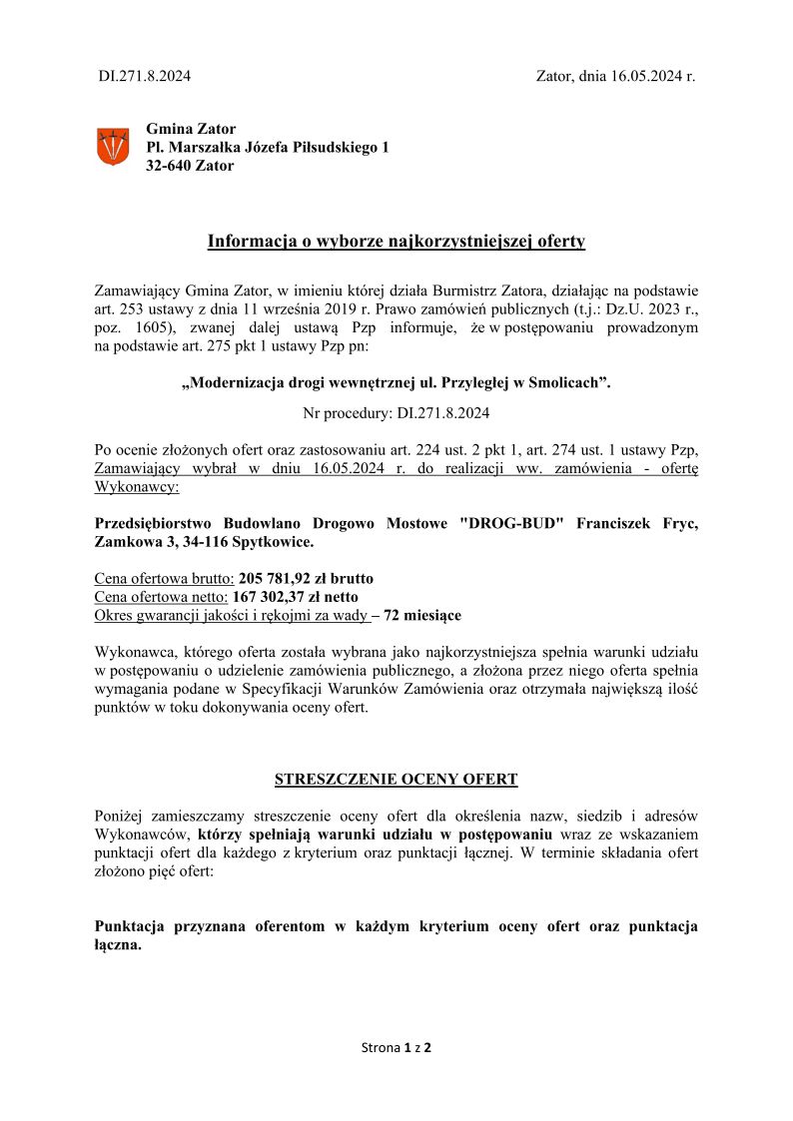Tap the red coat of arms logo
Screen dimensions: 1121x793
click(112, 147)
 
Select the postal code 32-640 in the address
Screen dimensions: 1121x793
click(170, 166)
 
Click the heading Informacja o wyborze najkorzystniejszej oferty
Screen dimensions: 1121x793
click(396, 241)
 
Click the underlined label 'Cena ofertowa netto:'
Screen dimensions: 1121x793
click(161, 597)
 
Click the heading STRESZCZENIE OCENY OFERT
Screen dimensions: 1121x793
click(396, 779)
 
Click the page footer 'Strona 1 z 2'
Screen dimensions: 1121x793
click(396, 1047)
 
